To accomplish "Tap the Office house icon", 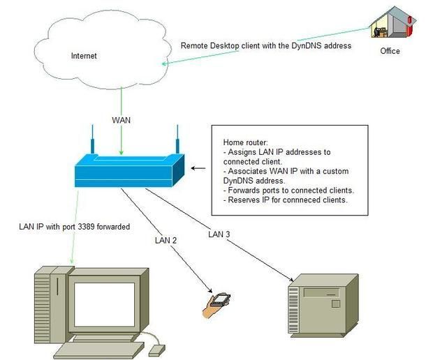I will coord(392,25).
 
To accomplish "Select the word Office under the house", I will coord(390,51).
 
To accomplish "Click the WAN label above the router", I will coord(121,120).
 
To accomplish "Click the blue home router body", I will coord(129,170).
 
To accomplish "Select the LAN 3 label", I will coord(220,234).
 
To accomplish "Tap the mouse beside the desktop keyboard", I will coord(157,348).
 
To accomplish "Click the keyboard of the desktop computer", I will coord(98,350).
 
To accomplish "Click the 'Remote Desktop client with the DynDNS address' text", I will coord(265,45).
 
